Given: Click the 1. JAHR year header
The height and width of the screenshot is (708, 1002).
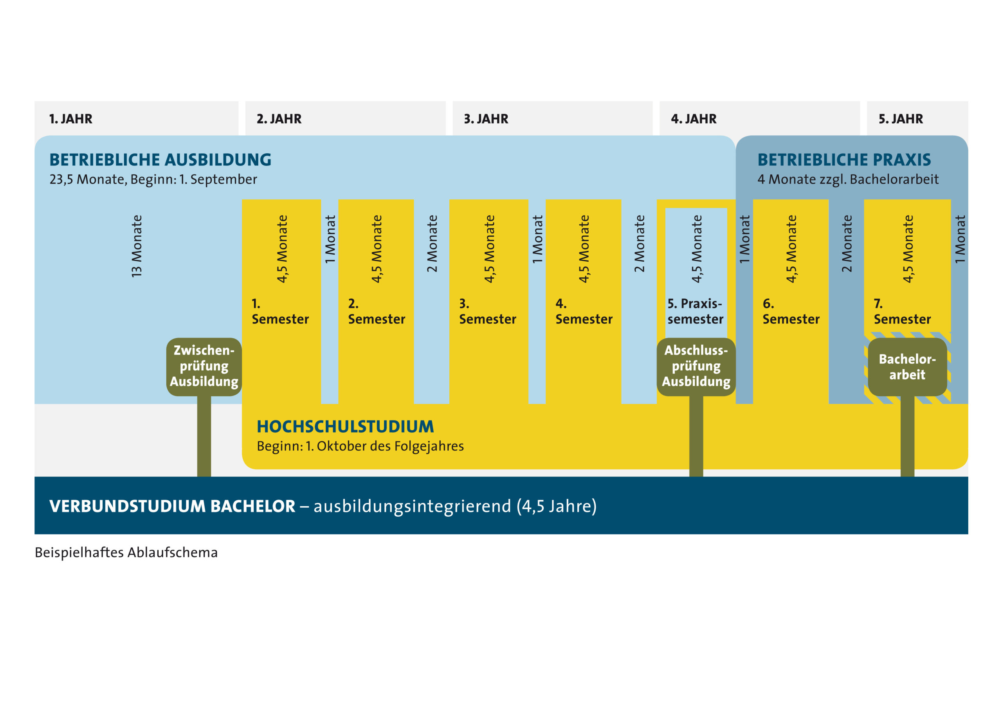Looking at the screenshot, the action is coord(71,119).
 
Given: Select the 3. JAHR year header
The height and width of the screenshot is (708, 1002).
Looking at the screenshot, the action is coord(486,119).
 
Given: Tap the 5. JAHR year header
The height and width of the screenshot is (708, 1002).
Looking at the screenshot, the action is coord(901,119).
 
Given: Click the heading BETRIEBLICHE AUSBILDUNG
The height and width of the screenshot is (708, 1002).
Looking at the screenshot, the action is coord(160,160).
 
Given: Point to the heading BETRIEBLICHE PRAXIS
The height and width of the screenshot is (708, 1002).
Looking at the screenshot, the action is coord(844,160).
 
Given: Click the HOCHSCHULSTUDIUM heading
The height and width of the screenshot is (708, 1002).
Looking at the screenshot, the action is coord(345,426).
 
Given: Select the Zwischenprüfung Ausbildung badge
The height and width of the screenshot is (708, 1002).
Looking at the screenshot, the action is coord(204,367).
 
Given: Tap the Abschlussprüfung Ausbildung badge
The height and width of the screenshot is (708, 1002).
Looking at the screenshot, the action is coord(696,367).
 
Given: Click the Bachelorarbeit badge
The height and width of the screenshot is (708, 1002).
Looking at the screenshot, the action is coord(907,367).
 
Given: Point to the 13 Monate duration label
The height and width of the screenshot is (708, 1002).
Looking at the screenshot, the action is coord(137,246).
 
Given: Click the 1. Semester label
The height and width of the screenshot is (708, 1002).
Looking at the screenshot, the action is coord(280,311).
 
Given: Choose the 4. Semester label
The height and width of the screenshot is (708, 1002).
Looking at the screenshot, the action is coord(584,311).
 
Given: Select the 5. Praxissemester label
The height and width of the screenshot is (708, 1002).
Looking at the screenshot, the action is coord(695,311).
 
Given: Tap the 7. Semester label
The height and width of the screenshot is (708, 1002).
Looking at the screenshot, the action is coord(902,311).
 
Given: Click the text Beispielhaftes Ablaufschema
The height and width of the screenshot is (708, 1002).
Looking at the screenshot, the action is coord(126,553).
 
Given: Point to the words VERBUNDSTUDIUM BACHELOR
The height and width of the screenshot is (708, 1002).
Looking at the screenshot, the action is coord(172,506).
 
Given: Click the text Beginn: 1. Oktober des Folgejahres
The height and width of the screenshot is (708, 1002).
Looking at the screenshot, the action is coord(360,446).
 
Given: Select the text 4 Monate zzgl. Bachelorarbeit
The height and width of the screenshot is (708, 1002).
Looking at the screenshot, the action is coord(848,179).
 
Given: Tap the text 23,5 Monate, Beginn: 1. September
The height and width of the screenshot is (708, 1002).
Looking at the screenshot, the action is coord(153,179).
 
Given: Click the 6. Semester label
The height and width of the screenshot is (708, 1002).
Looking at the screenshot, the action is coord(791,311).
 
